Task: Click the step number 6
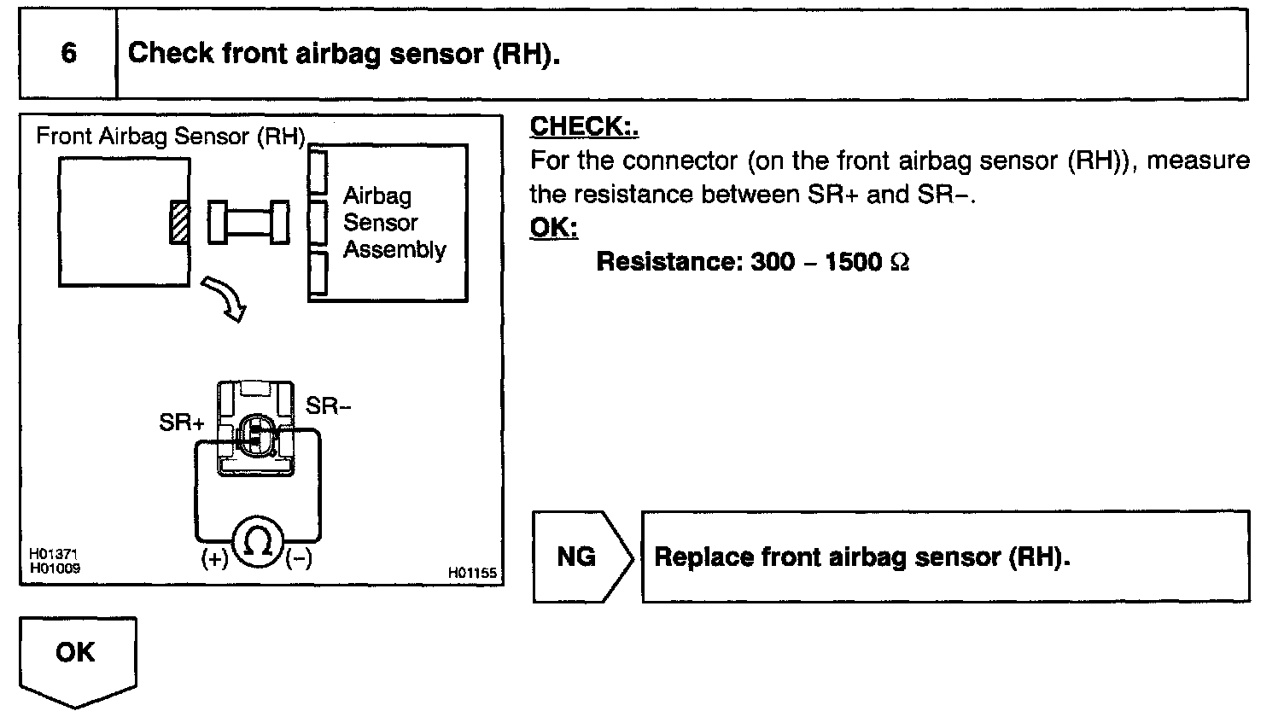tap(68, 54)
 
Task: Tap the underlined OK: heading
tap(553, 228)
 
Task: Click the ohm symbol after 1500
tap(899, 262)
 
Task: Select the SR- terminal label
tap(329, 407)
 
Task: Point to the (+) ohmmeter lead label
tap(214, 560)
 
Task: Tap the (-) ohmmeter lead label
tap(299, 560)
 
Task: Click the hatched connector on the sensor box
tap(178, 222)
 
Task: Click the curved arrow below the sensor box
tap(225, 298)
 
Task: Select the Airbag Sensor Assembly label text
tap(394, 223)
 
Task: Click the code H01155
tap(472, 574)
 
